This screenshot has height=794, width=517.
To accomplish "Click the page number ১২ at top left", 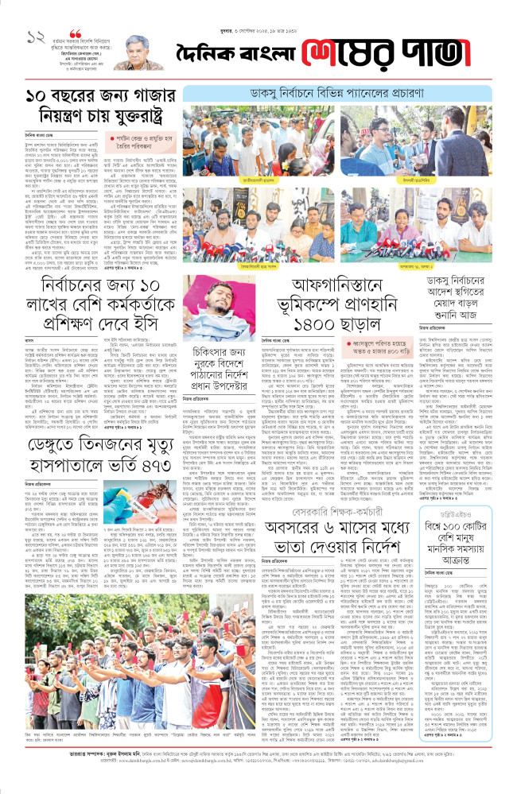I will coord(33,37).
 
